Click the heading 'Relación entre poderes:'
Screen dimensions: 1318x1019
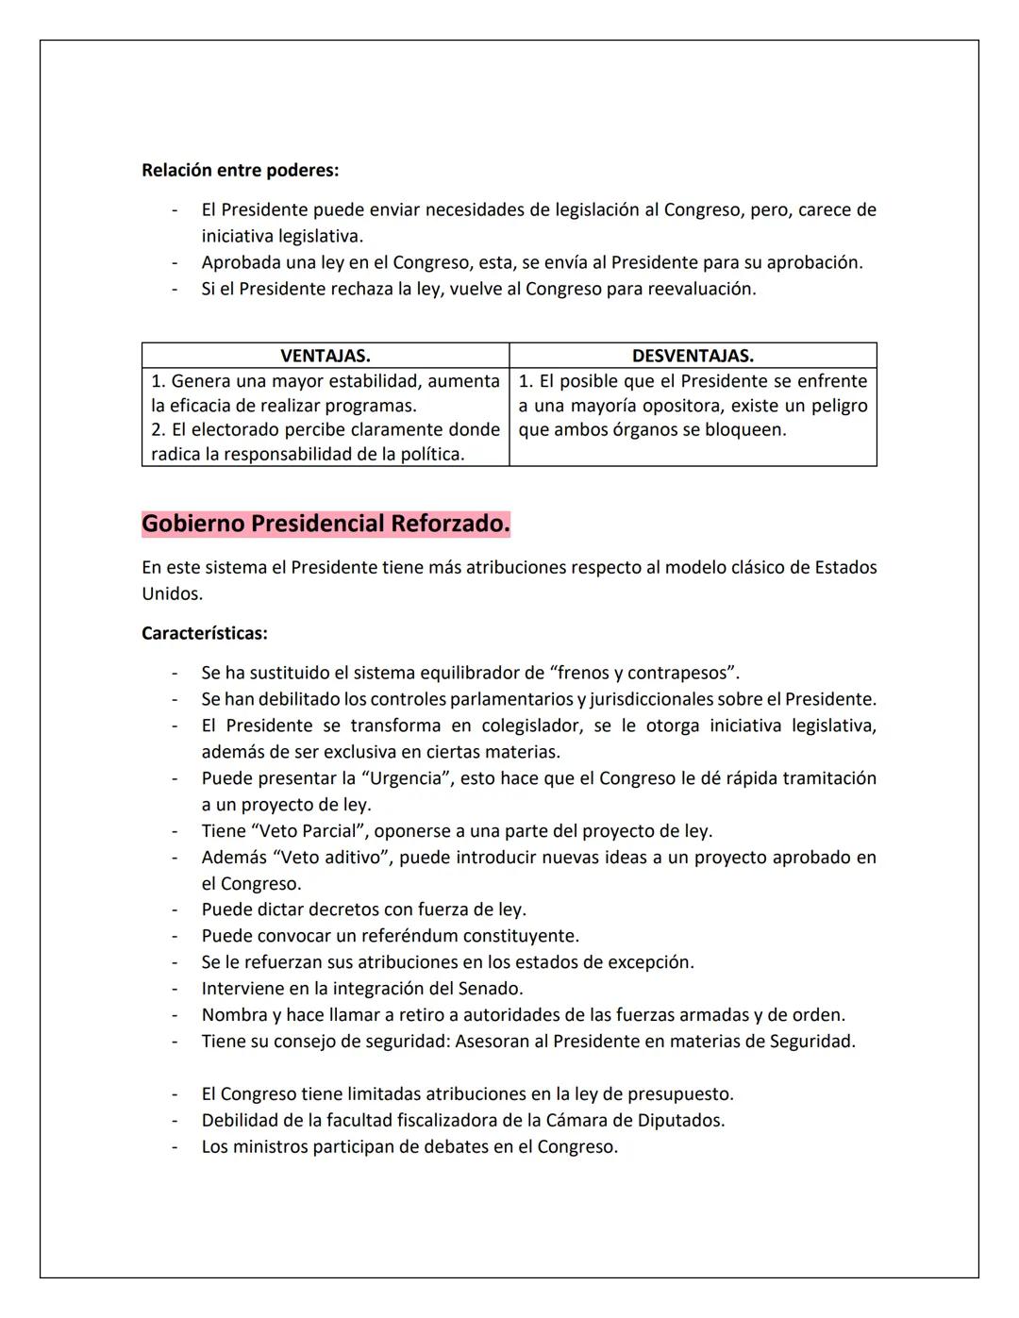(x=240, y=171)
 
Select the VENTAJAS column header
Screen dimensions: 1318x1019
(x=325, y=356)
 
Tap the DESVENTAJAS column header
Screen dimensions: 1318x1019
(x=693, y=356)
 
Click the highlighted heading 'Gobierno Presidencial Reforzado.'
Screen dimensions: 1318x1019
(x=326, y=524)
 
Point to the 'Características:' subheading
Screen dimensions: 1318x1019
(x=204, y=633)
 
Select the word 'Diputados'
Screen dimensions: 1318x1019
(x=684, y=1121)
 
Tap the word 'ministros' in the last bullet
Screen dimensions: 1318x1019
(x=270, y=1147)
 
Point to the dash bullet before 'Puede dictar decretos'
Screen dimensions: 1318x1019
(x=175, y=910)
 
